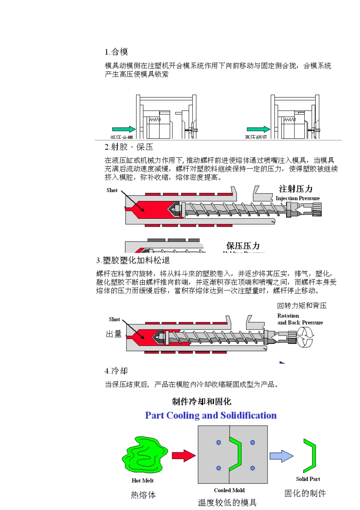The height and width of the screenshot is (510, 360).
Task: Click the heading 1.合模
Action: [x=116, y=52]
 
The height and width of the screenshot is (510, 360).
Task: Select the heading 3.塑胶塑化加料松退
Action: [x=133, y=260]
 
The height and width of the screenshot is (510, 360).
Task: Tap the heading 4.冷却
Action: [x=116, y=370]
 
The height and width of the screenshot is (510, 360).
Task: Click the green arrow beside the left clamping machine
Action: [x=124, y=129]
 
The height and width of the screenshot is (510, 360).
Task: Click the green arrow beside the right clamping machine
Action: [x=258, y=129]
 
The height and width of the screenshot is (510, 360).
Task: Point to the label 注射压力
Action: [x=296, y=189]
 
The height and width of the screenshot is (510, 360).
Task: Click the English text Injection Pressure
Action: [x=297, y=198]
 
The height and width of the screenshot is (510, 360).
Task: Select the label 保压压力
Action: [x=243, y=246]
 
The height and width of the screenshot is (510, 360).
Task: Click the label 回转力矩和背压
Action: [x=302, y=306]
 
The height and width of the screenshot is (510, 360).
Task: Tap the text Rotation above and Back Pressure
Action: [x=288, y=316]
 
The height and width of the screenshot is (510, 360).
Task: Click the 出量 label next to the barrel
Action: [x=114, y=334]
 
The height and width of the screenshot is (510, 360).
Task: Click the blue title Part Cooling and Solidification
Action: [x=211, y=416]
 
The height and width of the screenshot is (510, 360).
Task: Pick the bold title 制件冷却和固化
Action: [x=201, y=402]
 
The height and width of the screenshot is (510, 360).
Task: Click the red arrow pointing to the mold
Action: [x=183, y=455]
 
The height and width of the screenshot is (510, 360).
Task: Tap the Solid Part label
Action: [x=308, y=479]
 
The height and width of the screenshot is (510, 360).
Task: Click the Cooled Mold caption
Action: [x=229, y=490]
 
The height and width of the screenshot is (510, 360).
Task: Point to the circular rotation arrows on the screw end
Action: [x=305, y=337]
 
